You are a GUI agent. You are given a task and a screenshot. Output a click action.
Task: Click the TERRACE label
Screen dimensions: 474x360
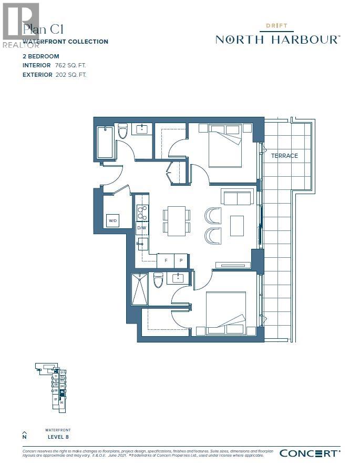[284, 156]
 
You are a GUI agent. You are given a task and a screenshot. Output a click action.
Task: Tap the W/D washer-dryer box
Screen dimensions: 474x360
[112, 220]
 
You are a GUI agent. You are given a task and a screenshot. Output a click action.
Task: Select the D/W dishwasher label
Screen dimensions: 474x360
[141, 229]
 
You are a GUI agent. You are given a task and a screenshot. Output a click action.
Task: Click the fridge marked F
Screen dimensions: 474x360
[166, 260]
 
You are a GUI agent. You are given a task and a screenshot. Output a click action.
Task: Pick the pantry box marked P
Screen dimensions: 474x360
[181, 260]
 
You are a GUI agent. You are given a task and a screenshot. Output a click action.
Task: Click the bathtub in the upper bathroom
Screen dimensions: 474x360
[106, 142]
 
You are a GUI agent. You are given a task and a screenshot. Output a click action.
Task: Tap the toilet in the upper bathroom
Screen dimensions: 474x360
[123, 131]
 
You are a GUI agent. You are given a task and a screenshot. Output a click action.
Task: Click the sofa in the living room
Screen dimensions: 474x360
[237, 197]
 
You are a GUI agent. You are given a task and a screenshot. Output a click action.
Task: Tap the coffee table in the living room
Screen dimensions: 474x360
[236, 226]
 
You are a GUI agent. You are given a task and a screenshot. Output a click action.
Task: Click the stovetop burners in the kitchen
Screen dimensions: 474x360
[141, 212]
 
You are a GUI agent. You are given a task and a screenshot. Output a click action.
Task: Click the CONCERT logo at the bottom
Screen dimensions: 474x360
[310, 453]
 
